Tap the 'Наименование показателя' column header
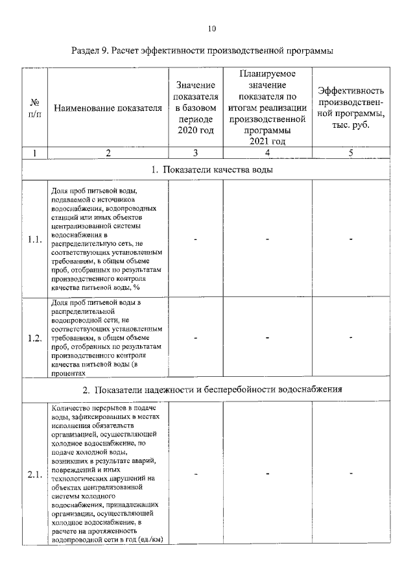point(108,108)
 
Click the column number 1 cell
point(34,153)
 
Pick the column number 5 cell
point(351,153)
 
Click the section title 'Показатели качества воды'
point(216,170)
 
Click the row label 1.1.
point(35,240)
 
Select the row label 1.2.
point(35,337)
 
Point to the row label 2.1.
point(35,475)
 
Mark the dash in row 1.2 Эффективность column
point(351,337)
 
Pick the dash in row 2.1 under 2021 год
point(267,475)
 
